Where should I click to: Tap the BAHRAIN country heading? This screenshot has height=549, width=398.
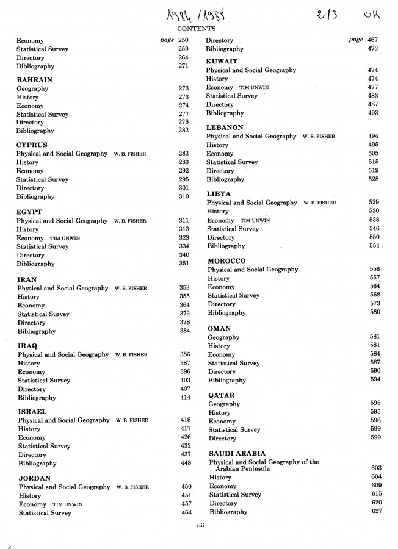(x=34, y=80)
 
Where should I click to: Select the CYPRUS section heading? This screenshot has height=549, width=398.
(x=32, y=145)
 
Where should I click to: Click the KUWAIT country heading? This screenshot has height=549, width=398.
(x=222, y=62)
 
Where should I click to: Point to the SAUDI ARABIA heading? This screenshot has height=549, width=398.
(x=237, y=454)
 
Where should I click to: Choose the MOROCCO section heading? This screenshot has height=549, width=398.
(x=227, y=260)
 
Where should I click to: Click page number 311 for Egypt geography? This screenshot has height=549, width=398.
(x=184, y=221)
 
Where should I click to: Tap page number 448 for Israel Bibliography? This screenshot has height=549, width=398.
(x=186, y=463)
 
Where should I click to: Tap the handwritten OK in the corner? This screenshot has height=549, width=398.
(x=371, y=13)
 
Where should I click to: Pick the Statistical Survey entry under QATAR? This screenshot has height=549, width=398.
(x=234, y=430)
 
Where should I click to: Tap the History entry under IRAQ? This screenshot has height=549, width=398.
(x=28, y=363)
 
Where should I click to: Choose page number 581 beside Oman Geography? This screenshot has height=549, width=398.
(x=375, y=337)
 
